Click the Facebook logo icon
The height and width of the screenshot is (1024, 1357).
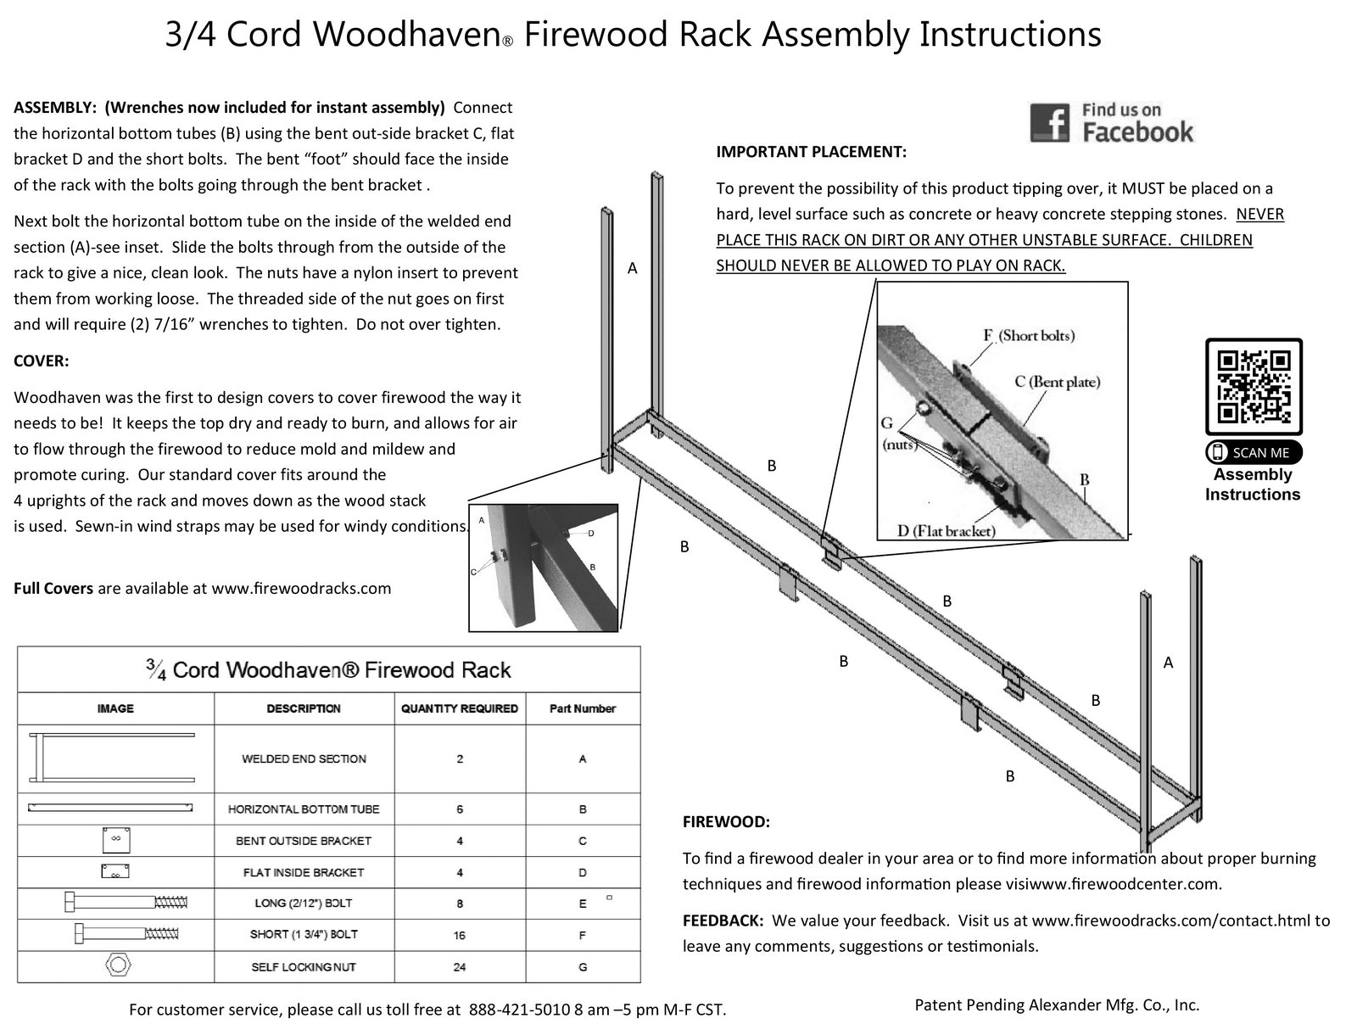(1049, 123)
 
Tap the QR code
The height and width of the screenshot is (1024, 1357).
(1254, 387)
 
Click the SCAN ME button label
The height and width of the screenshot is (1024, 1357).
(1254, 452)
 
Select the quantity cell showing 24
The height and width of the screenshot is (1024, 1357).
(460, 966)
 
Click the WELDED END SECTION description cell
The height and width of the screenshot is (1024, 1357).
(304, 758)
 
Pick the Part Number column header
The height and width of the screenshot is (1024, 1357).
(582, 708)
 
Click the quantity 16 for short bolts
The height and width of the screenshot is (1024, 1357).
(460, 935)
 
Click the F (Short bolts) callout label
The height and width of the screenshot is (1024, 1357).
(1028, 335)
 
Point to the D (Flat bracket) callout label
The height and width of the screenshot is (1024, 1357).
(946, 531)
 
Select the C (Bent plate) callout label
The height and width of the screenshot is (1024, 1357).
(1057, 382)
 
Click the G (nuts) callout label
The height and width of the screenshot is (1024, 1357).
(897, 433)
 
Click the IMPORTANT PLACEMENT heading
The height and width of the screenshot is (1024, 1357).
(811, 152)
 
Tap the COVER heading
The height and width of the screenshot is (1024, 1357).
(41, 361)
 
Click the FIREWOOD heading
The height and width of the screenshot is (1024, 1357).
(726, 821)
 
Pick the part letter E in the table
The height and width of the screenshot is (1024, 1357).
(582, 904)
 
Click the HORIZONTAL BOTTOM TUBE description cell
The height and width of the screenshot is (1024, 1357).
(304, 809)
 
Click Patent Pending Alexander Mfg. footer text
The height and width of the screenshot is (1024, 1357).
(1057, 1004)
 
